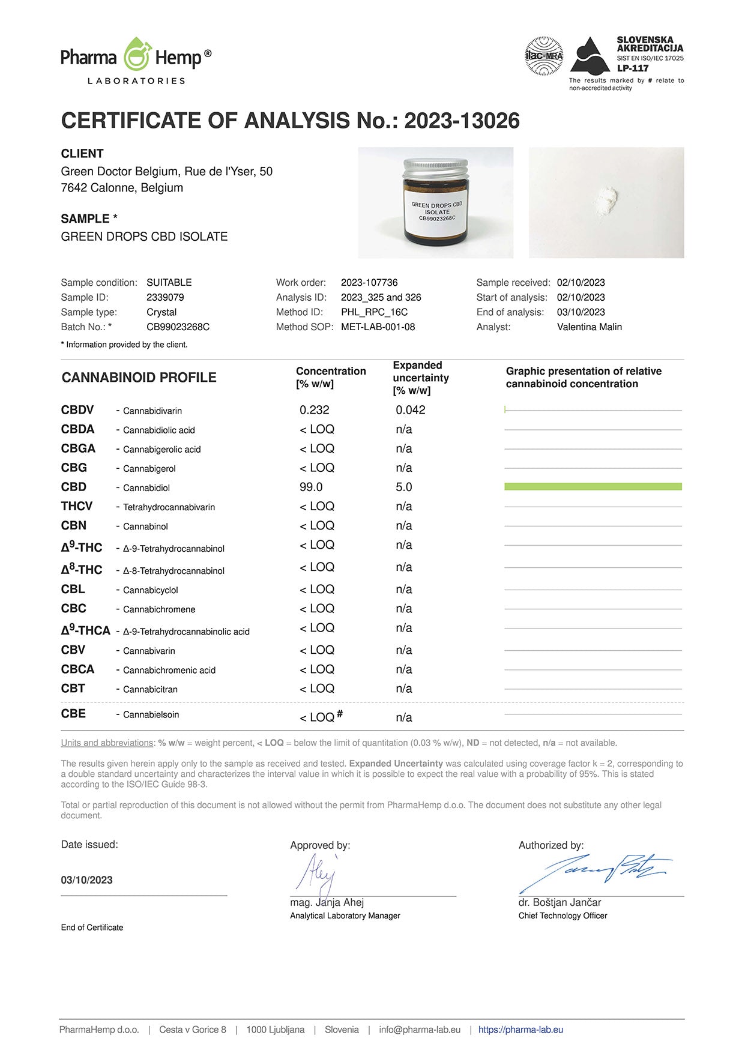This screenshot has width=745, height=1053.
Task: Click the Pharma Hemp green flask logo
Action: [x=137, y=55]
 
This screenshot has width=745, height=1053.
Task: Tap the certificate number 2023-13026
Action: [x=462, y=121]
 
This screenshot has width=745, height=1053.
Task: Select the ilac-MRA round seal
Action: [x=544, y=56]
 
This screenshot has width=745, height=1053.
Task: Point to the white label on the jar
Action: [x=436, y=211]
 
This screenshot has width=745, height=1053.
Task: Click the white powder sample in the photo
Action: [x=607, y=196]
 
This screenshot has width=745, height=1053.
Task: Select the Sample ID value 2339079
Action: [x=165, y=297]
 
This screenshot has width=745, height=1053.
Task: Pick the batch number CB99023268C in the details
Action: [x=178, y=327]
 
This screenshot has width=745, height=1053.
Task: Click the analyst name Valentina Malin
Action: [x=589, y=327]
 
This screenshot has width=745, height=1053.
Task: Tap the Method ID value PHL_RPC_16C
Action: [x=374, y=312]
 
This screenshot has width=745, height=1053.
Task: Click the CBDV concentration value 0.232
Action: [x=315, y=410]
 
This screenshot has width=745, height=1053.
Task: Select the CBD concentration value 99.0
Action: [x=311, y=487]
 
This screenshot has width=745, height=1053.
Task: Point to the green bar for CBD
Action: [x=593, y=486]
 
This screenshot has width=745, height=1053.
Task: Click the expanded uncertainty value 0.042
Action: [x=410, y=410]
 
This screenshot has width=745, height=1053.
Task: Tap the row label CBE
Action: [x=73, y=713]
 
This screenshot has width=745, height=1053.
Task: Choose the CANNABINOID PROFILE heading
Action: [x=139, y=378]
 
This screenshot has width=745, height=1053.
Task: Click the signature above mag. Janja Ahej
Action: [x=317, y=873]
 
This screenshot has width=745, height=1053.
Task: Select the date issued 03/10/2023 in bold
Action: [x=86, y=880]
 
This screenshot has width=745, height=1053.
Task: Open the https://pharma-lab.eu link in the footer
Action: [x=520, y=1030]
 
